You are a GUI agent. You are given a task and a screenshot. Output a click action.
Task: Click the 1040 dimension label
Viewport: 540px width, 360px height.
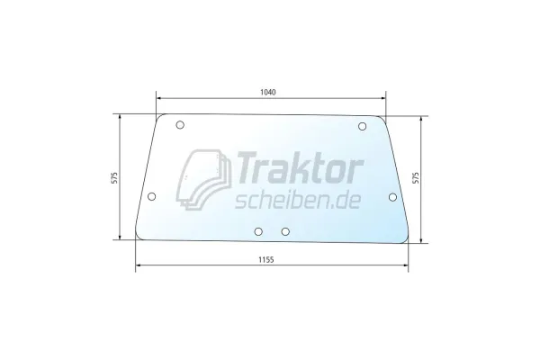268,93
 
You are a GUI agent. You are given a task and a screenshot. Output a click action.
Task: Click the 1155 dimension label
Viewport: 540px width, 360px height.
266,259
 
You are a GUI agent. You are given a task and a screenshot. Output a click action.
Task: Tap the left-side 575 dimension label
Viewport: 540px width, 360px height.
114,177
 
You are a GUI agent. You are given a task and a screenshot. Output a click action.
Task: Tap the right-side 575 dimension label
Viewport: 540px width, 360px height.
416,178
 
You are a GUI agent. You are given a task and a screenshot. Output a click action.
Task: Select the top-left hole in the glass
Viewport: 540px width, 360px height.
180,125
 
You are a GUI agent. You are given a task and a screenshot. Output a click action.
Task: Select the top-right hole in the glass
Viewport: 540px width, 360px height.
362,126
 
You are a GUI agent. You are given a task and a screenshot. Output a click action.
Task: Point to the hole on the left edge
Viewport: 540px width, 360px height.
151,197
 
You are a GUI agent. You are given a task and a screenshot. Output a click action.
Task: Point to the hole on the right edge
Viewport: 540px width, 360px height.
392,197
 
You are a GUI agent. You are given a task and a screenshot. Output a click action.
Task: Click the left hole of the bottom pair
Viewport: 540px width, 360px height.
258,231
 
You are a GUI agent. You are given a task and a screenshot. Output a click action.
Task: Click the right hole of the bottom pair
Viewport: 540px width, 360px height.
285,231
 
